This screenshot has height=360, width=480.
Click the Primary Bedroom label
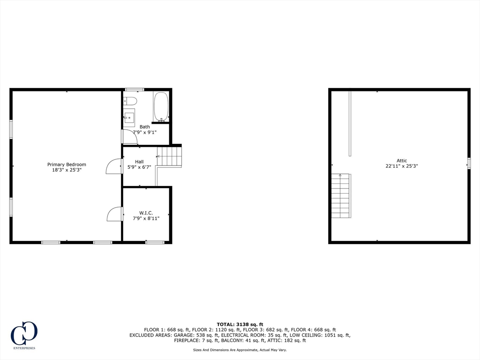(67, 165)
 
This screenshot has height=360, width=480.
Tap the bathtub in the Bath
(161, 107)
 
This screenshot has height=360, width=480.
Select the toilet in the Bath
(130, 101)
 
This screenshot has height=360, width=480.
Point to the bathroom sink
(129, 117)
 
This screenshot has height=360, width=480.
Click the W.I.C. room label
(146, 213)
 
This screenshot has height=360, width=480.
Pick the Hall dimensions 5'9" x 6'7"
(139, 167)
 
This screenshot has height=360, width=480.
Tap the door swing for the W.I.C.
(115, 214)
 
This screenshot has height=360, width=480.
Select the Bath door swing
(129, 136)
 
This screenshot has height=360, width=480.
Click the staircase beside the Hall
(169, 157)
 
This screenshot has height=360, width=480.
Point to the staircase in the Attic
(341, 196)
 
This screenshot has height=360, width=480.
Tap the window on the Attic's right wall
(469, 163)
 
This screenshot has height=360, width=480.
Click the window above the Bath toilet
(135, 90)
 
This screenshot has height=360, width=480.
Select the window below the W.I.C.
(155, 242)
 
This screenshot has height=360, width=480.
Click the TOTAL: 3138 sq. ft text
(240, 324)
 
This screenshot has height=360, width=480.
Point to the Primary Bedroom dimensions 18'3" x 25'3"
(67, 170)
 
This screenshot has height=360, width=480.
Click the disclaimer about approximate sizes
(240, 350)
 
